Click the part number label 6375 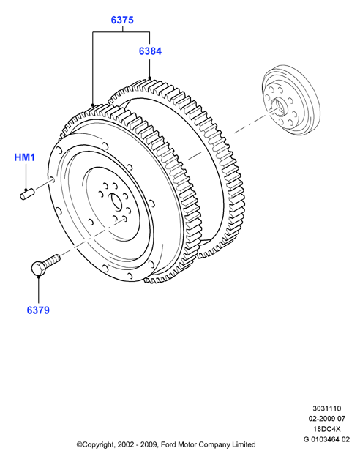(122, 20)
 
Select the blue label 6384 (150, 51)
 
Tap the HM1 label (25, 157)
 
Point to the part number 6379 (38, 310)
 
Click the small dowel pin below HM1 (27, 195)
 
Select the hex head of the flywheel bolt (38, 268)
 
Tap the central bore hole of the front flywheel (116, 201)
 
